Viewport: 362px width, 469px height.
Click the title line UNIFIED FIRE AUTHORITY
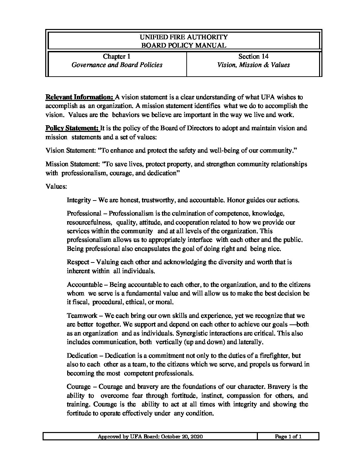184,37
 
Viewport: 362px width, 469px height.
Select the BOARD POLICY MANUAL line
184,45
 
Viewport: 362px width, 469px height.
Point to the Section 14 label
253,57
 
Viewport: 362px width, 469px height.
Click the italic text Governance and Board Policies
117,65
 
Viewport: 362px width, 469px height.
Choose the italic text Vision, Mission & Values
253,65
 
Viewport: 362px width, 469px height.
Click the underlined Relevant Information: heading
79,97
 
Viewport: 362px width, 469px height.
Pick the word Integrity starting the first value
79,201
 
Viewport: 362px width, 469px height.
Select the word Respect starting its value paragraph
78,262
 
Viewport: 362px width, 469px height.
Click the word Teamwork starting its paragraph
82,315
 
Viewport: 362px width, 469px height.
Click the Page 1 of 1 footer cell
288,437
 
